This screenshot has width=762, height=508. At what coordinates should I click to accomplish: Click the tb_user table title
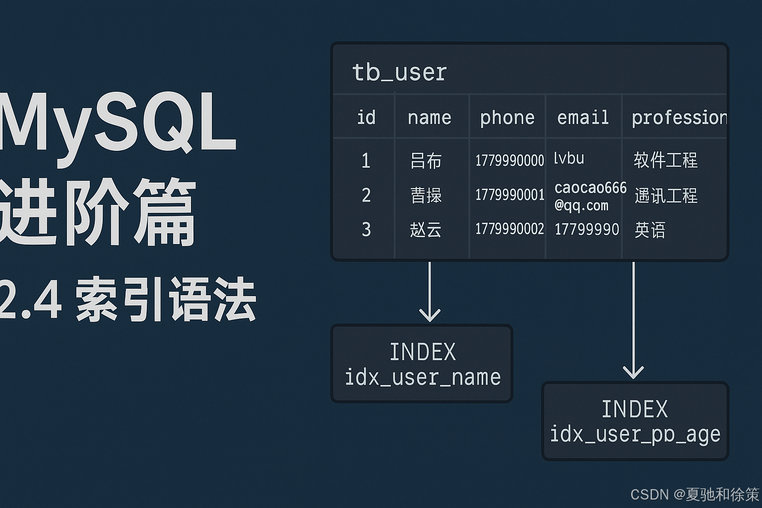tap(399, 72)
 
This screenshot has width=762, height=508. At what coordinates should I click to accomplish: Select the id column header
tap(366, 118)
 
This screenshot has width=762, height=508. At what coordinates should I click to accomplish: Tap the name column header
tap(429, 118)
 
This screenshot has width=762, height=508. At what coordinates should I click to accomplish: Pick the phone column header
tap(507, 118)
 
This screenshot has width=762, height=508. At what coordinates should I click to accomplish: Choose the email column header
tap(583, 118)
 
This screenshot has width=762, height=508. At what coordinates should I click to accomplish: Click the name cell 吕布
tap(426, 161)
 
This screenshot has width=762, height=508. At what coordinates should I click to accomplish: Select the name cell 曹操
tap(426, 195)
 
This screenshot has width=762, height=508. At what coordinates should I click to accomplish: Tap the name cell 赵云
tap(426, 230)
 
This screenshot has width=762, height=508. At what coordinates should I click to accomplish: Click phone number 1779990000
tap(509, 161)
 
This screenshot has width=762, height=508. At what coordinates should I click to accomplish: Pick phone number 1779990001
tap(509, 195)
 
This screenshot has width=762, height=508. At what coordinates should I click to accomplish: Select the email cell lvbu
tap(569, 159)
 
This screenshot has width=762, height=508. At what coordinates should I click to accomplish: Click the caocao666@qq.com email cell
tap(590, 196)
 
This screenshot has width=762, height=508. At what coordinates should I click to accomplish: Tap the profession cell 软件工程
tap(665, 160)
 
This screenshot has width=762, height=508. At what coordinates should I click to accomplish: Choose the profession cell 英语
tap(649, 230)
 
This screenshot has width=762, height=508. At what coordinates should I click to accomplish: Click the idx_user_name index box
tap(422, 364)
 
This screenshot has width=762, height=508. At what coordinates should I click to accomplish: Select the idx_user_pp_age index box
tap(635, 421)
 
